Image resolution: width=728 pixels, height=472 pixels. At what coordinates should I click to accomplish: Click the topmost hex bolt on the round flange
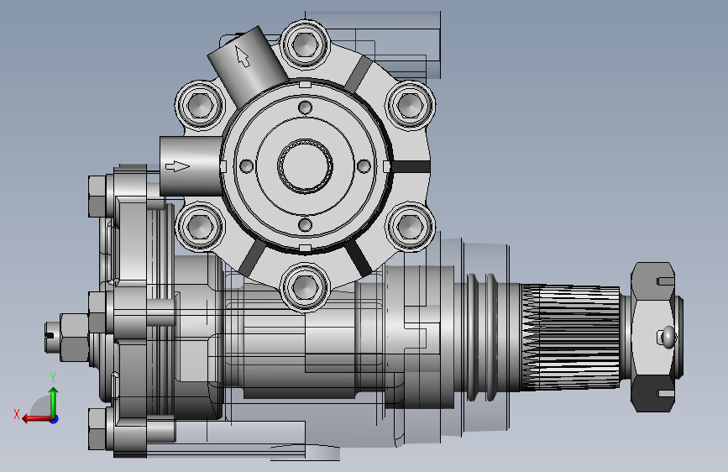click(305, 45)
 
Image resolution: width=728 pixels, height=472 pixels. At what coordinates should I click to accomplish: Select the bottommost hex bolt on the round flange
click(305, 286)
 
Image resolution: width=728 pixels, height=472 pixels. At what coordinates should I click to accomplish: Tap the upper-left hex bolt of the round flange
click(200, 105)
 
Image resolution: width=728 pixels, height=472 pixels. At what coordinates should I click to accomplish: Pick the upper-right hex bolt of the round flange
click(411, 105)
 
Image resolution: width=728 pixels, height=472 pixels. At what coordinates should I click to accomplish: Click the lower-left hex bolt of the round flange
click(200, 226)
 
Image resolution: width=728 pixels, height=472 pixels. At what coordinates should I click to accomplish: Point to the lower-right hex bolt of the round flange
click(411, 226)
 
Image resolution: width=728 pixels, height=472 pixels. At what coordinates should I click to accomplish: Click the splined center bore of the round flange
click(305, 165)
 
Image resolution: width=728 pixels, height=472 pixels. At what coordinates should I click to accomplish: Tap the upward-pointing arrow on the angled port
click(242, 55)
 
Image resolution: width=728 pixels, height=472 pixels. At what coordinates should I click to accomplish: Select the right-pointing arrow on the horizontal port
click(177, 166)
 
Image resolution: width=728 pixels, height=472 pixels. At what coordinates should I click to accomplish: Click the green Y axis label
click(53, 378)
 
